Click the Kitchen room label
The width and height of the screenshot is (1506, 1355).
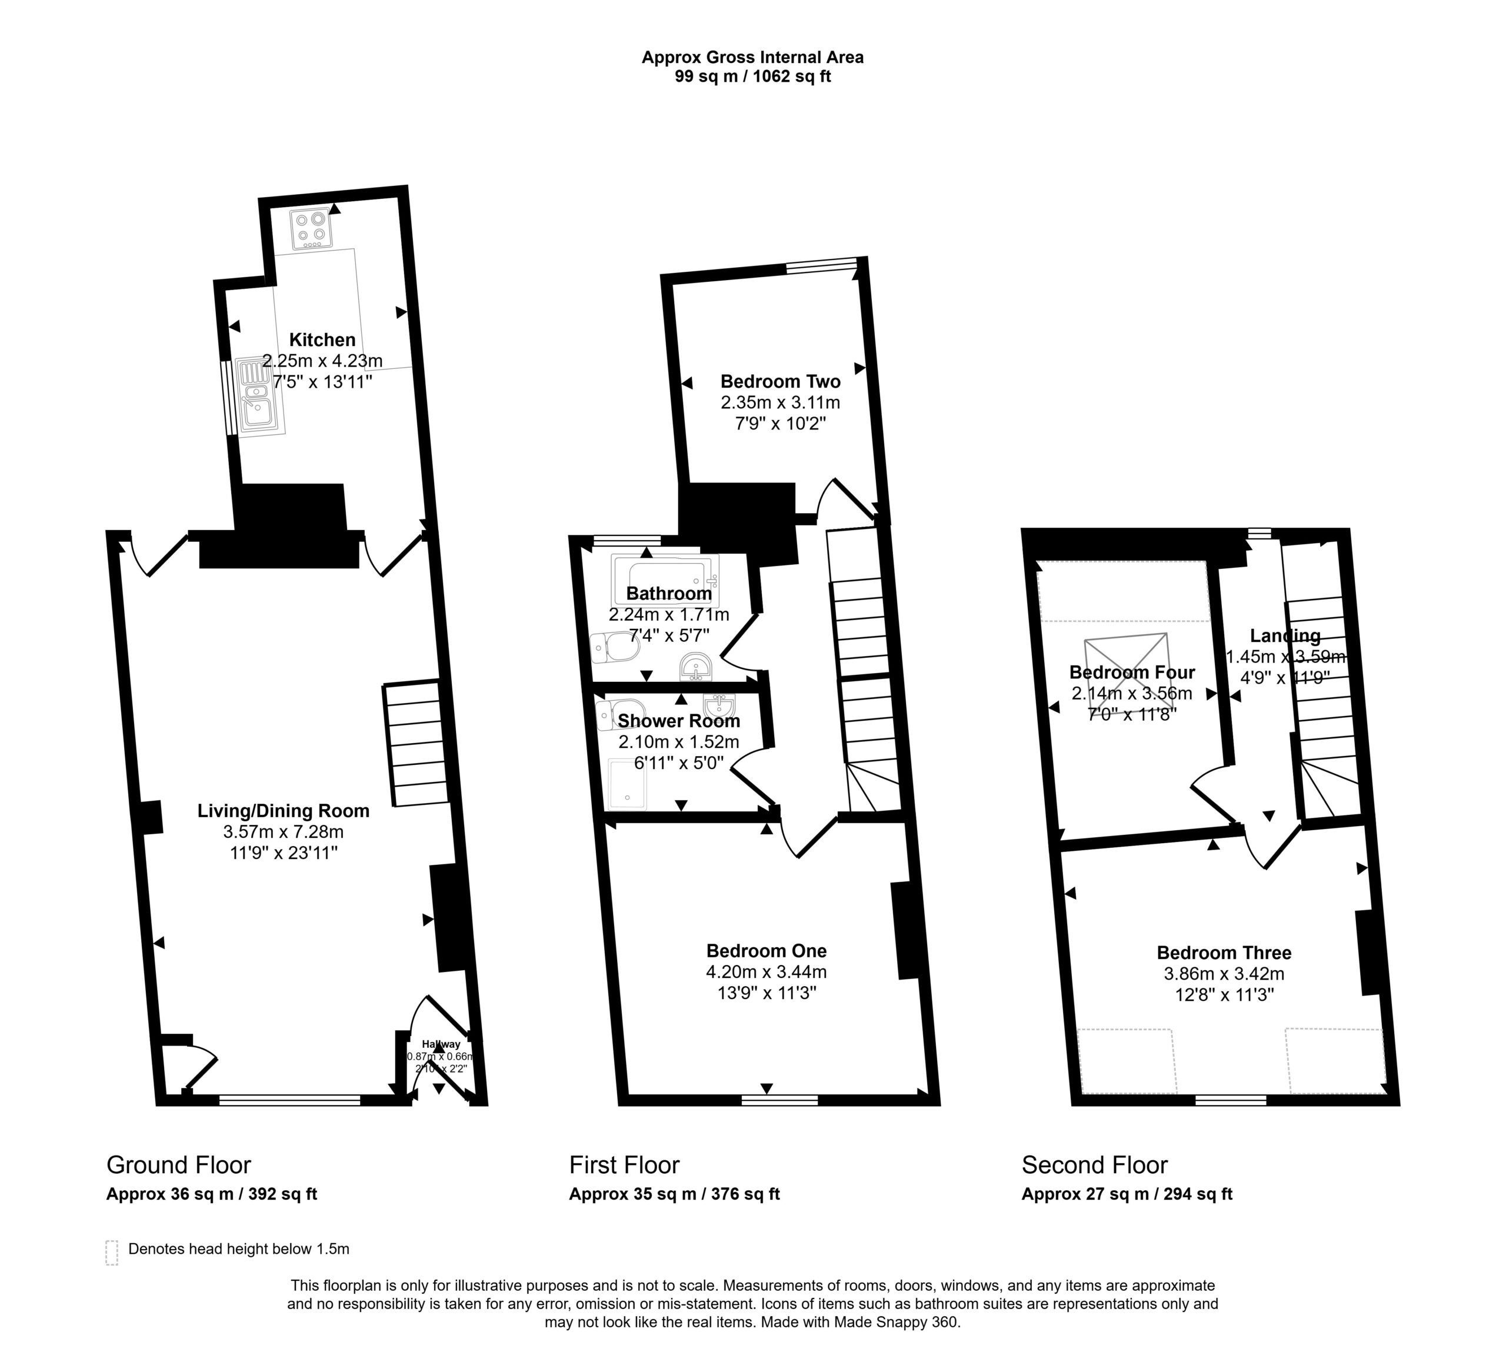322,339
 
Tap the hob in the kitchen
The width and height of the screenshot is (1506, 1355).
311,228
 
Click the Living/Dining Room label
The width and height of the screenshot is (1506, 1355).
283,811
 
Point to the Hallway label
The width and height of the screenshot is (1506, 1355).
441,1044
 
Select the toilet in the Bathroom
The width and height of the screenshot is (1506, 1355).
615,648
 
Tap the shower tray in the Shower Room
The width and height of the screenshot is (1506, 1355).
628,784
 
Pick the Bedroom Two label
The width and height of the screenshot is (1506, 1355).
780,381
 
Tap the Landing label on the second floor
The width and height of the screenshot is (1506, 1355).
1285,636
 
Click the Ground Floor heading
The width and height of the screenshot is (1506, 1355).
179,1164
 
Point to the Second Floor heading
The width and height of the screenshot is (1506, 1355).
1094,1164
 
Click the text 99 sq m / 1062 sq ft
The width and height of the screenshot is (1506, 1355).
752,76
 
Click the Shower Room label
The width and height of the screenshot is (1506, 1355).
679,721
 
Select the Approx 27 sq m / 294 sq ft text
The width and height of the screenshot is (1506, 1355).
1127,1194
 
